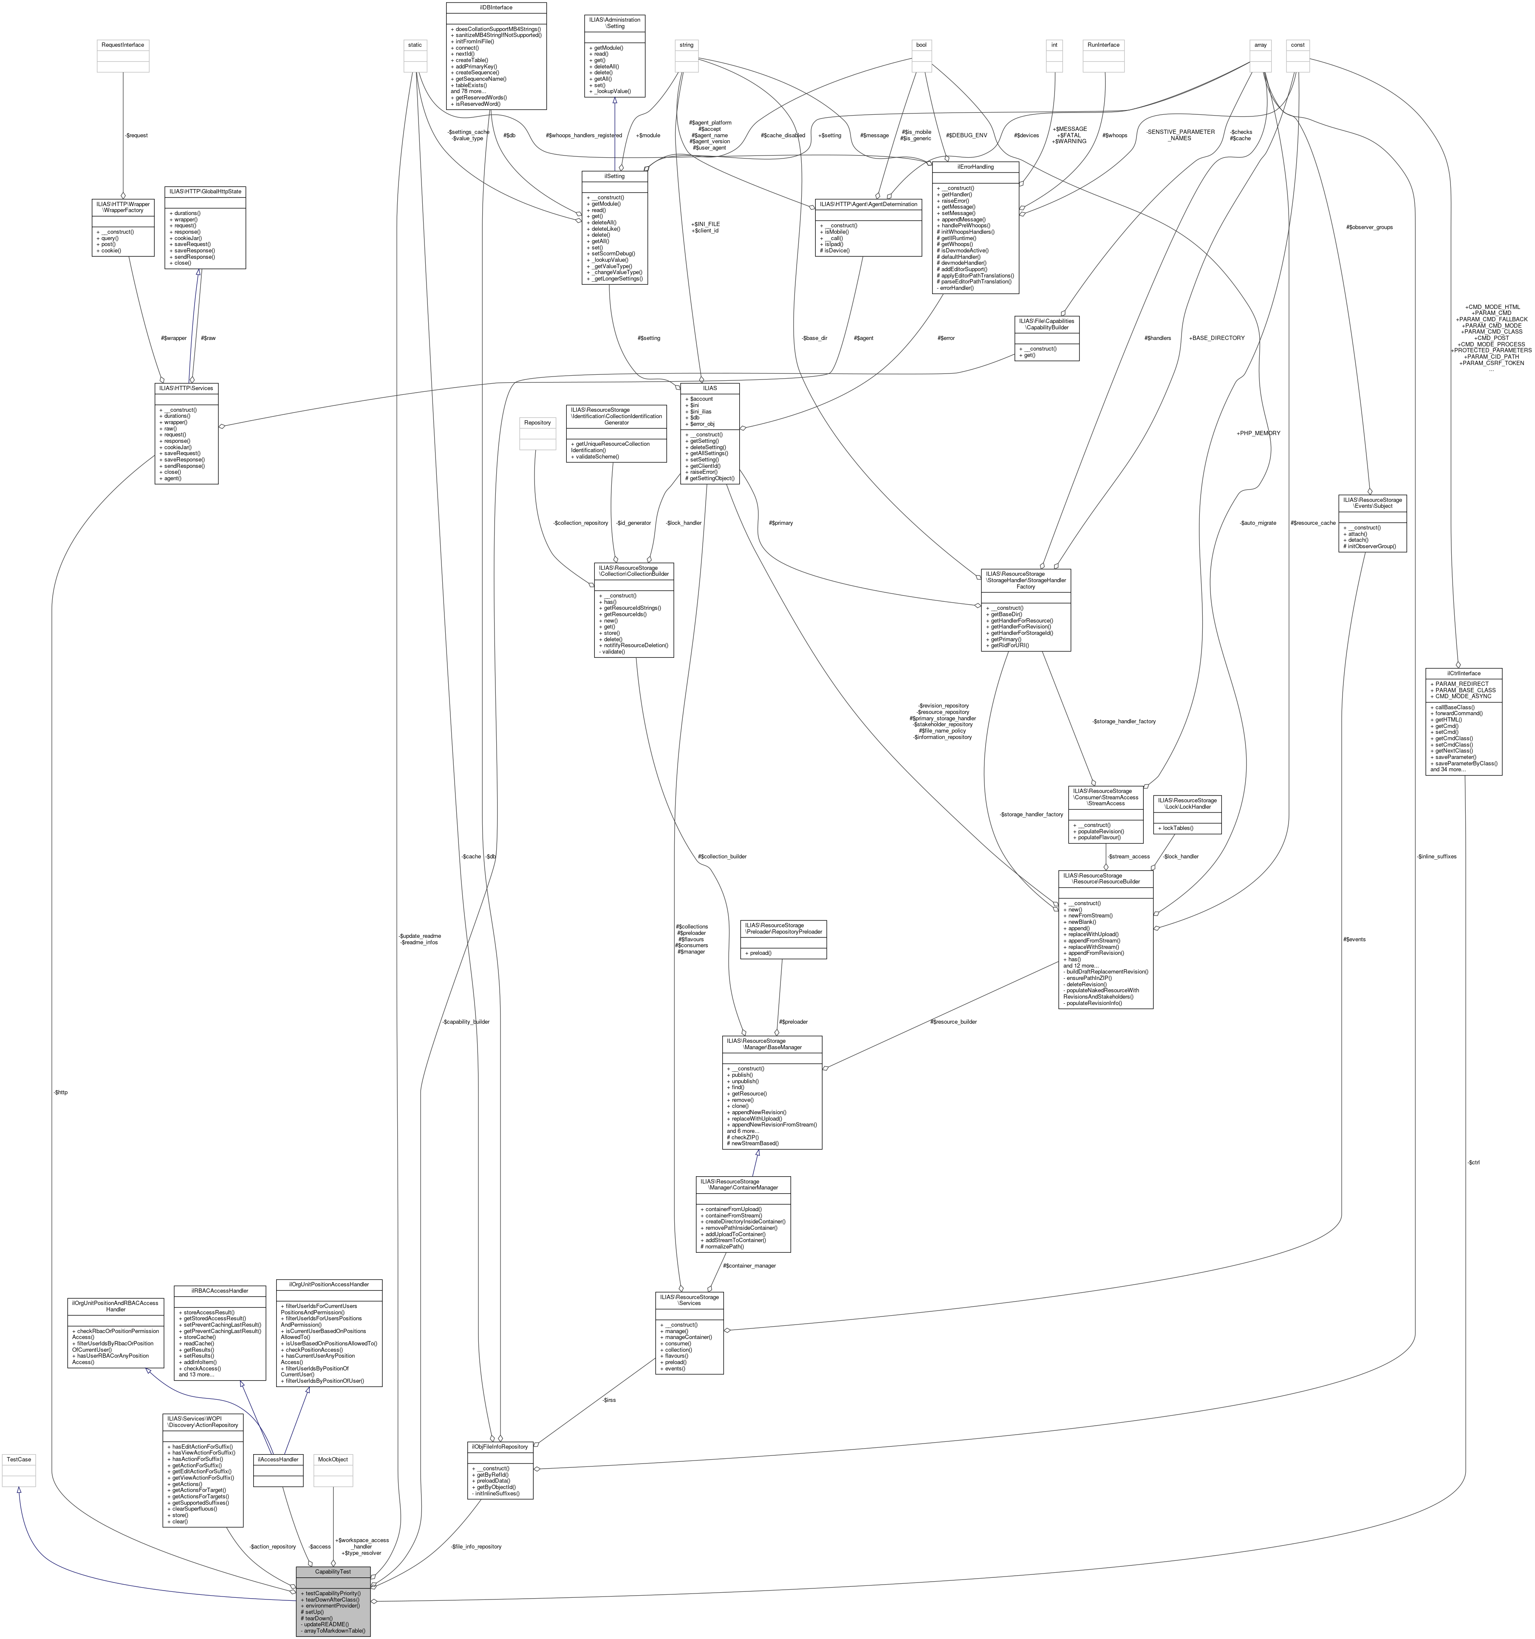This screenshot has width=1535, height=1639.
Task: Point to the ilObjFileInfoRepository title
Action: pos(500,1446)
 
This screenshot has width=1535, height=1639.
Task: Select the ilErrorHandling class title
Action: pos(975,167)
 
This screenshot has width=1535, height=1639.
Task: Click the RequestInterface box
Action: pos(123,45)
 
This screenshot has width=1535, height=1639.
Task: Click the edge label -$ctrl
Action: pos(1473,1163)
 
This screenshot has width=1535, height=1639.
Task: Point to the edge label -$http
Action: pos(60,1092)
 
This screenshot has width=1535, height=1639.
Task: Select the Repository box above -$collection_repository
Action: pos(537,422)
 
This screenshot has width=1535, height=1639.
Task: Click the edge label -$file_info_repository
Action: pos(476,1546)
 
